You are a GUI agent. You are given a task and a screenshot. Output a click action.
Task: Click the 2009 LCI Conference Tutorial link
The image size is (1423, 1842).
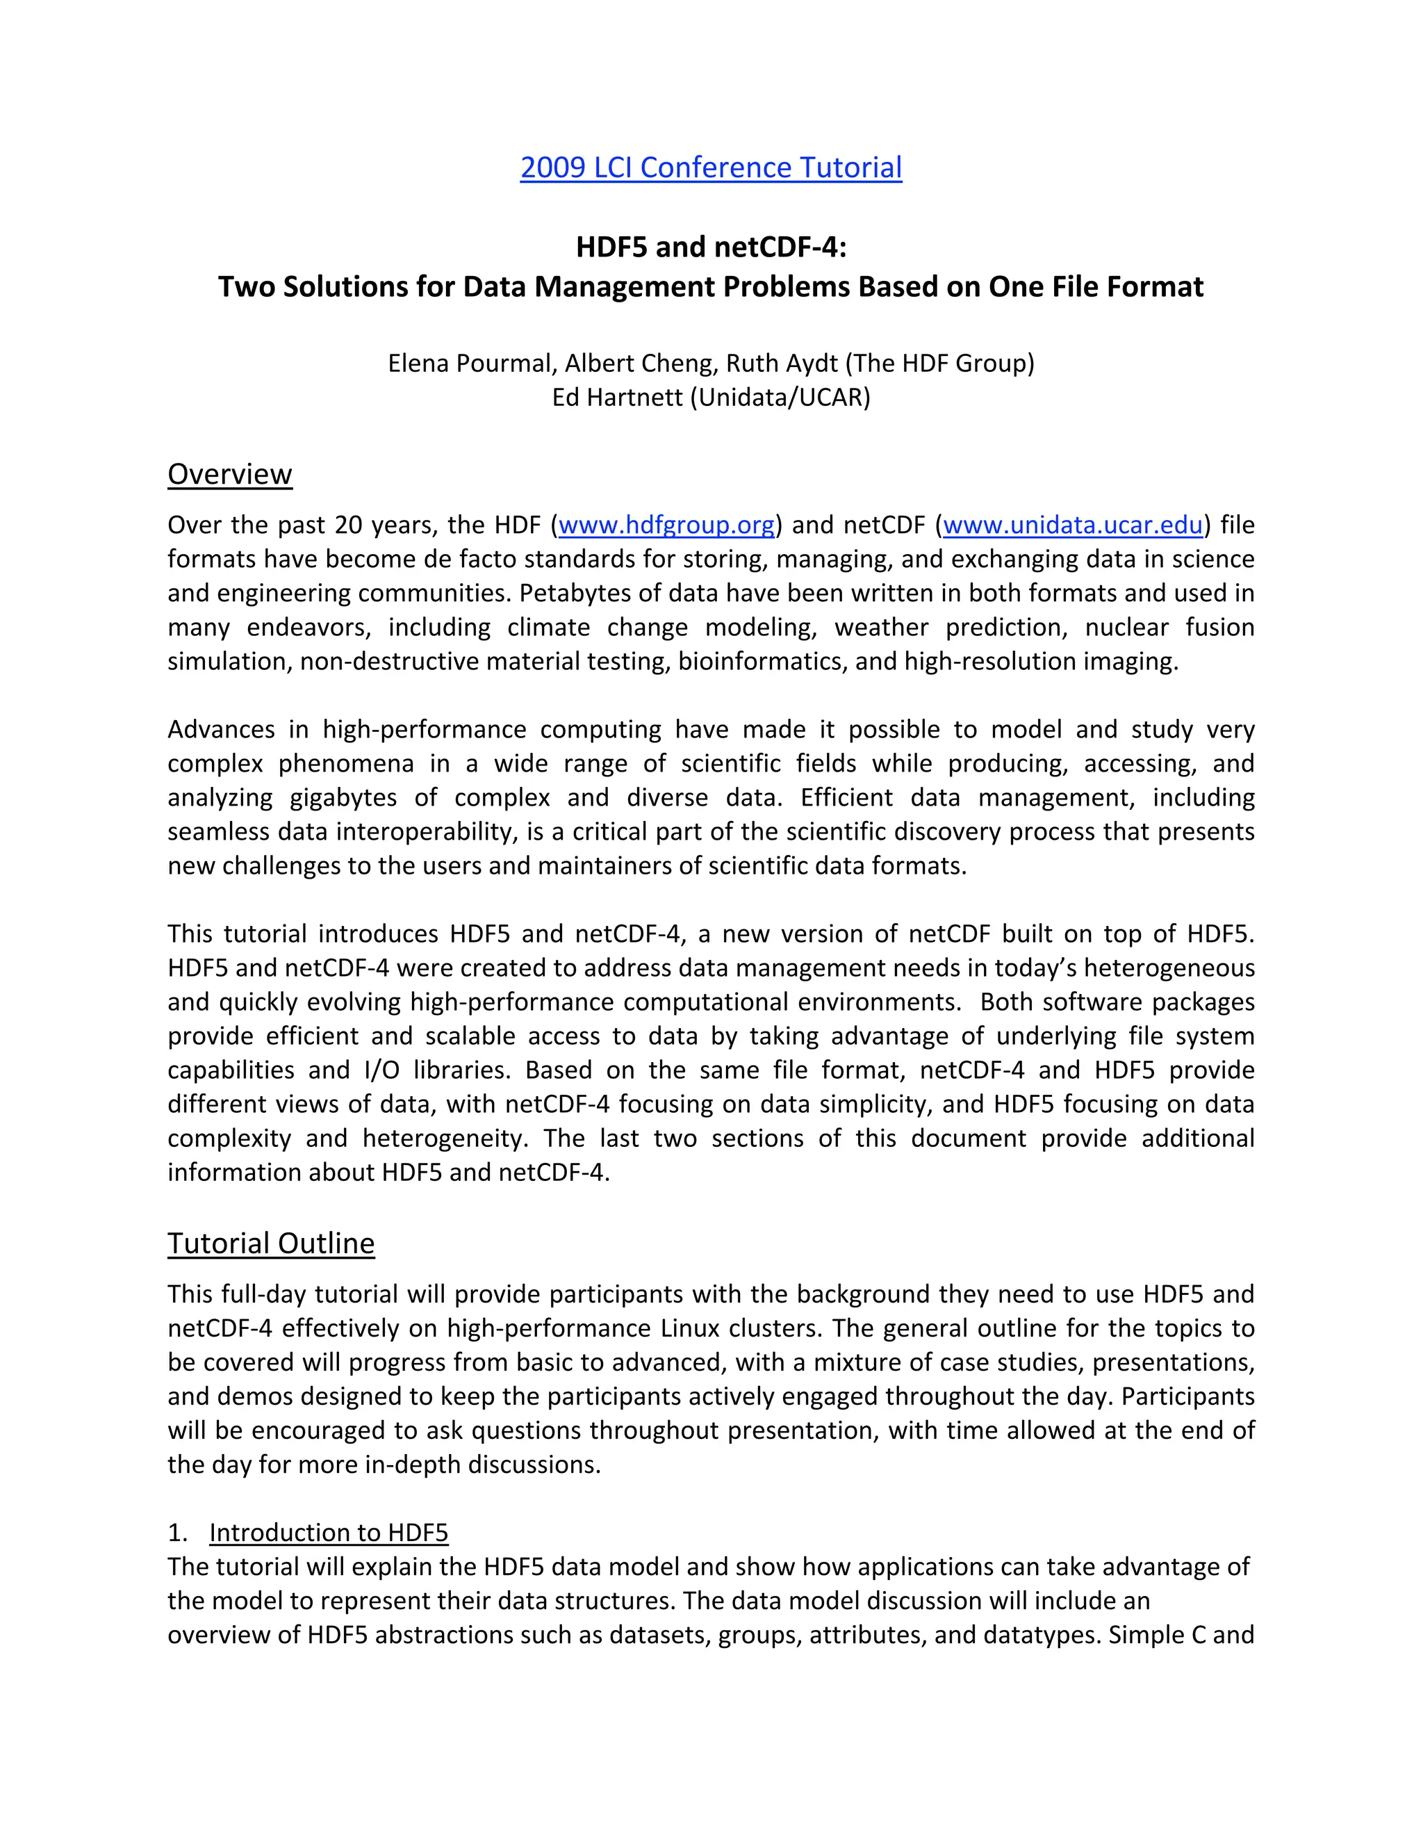click(x=711, y=168)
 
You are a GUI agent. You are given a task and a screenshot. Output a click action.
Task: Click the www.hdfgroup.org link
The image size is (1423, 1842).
click(x=666, y=525)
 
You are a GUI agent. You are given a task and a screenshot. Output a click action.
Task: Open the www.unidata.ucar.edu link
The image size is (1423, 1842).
click(x=1072, y=525)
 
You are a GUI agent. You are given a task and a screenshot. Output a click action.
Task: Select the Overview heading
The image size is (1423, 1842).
click(x=229, y=474)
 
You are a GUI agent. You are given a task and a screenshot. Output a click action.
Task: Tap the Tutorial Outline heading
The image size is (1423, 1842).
click(x=270, y=1244)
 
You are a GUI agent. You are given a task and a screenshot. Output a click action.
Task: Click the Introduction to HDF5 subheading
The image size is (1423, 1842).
click(x=329, y=1533)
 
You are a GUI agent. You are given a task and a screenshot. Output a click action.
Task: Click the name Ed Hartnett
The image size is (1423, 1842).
click(x=617, y=397)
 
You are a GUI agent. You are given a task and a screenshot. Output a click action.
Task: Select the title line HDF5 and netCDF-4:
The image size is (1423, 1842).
click(x=711, y=247)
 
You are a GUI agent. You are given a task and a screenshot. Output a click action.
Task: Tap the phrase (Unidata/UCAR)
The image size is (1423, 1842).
click(x=780, y=397)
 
